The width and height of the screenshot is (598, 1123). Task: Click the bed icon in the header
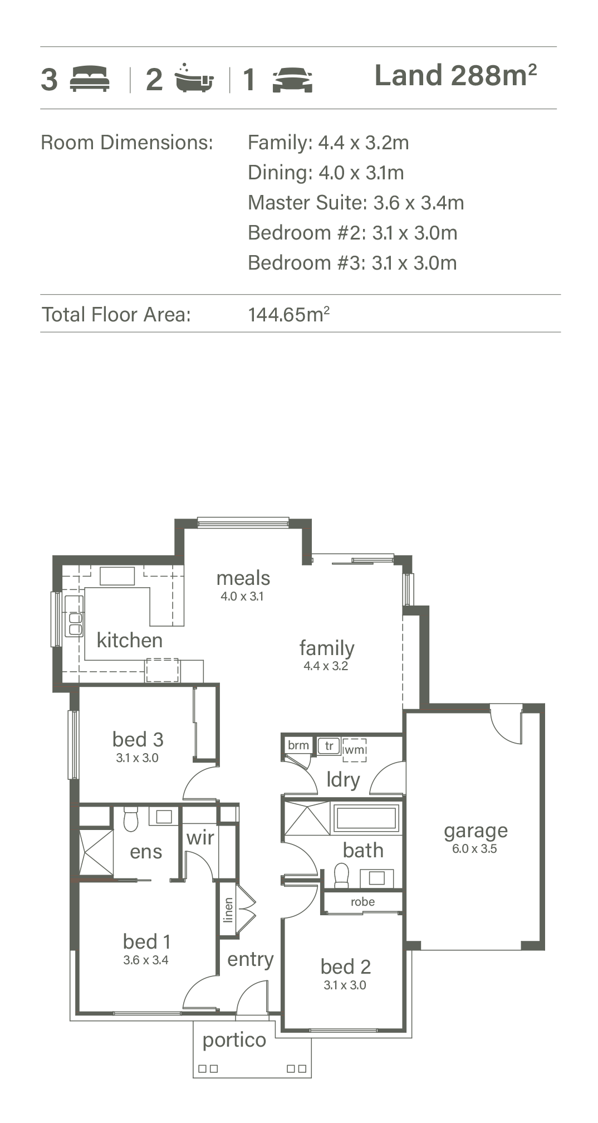89,79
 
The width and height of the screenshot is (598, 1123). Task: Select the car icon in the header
292,80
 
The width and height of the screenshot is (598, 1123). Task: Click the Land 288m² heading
455,75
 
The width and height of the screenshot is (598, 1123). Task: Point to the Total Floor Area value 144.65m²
288,314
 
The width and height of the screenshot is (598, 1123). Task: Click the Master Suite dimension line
356,203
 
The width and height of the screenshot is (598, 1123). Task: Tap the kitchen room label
130,640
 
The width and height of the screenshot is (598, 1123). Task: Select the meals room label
243,578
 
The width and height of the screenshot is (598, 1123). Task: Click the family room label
327,648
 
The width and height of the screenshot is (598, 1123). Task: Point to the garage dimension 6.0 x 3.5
474,849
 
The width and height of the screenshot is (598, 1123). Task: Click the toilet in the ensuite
130,818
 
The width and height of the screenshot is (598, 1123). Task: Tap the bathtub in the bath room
366,818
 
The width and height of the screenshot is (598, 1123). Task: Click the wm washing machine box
354,750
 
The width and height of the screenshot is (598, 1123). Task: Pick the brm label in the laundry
298,745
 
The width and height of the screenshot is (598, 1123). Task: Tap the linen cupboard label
228,910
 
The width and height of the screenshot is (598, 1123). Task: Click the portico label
234,1041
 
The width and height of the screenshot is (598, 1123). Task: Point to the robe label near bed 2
362,902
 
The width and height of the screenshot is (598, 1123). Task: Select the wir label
200,837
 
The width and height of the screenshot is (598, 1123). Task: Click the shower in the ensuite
96,852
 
